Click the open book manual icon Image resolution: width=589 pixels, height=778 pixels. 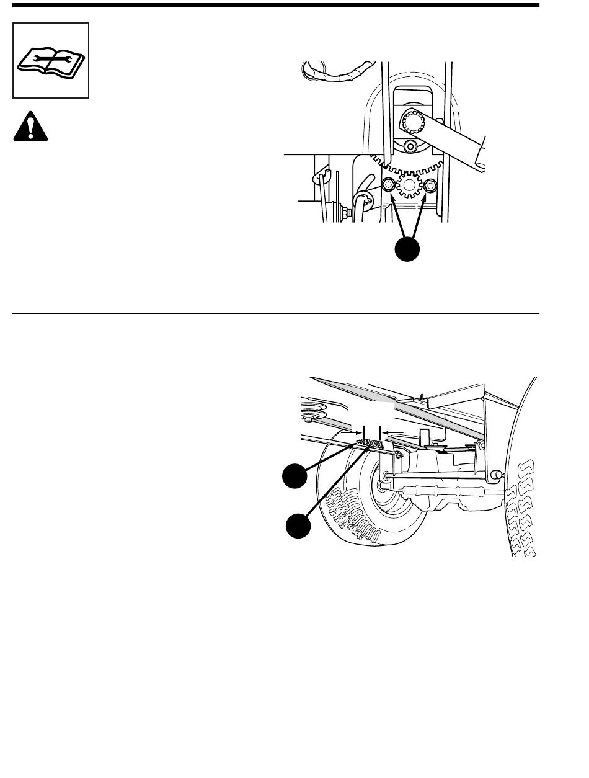click(51, 60)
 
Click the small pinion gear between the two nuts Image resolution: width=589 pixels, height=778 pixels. click(409, 184)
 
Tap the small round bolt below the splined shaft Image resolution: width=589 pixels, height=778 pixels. click(409, 146)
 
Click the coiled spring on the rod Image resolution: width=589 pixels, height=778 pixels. click(373, 444)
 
